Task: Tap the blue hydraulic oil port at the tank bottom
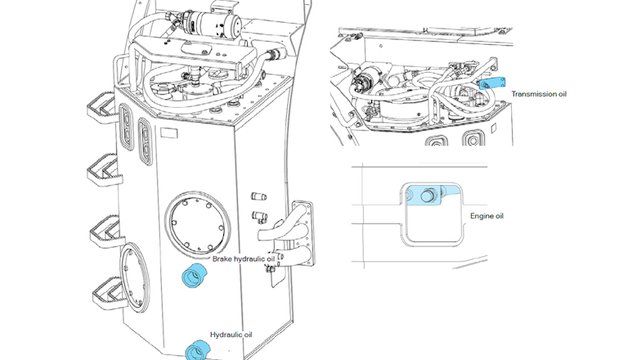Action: click(197, 350)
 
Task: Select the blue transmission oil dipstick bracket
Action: click(493, 83)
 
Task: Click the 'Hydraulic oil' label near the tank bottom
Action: click(232, 335)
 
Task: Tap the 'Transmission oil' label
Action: click(539, 94)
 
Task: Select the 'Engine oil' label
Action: click(487, 216)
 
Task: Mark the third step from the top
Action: click(105, 227)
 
